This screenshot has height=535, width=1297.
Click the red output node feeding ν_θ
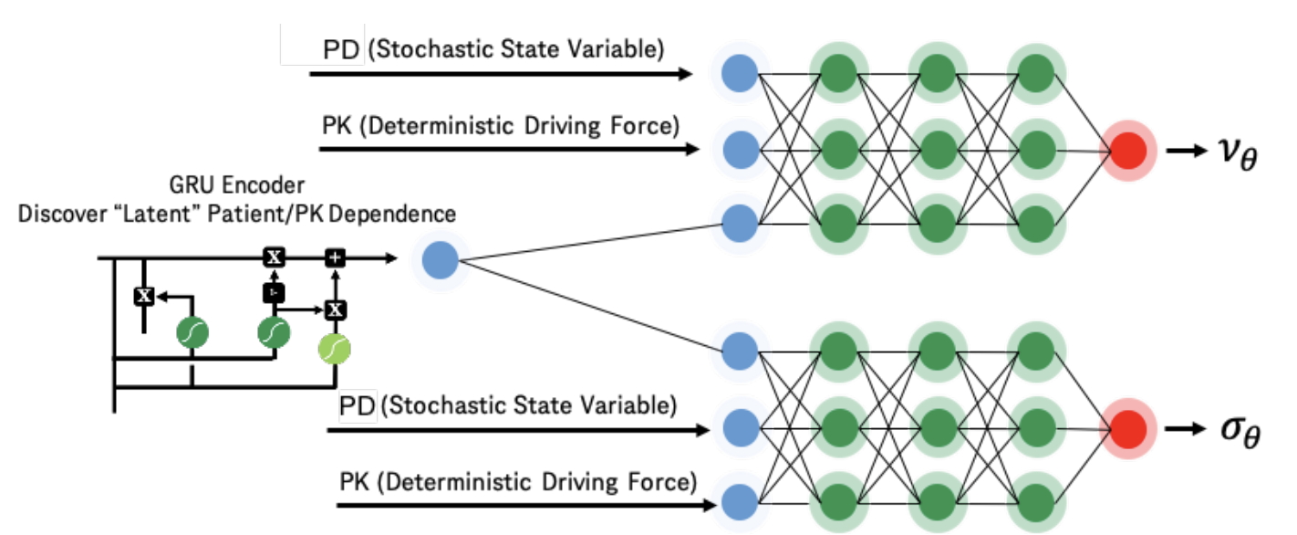tap(1128, 149)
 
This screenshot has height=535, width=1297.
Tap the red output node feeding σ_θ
tap(1128, 427)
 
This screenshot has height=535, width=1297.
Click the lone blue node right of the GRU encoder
tap(441, 260)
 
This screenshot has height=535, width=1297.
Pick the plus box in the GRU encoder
tap(336, 258)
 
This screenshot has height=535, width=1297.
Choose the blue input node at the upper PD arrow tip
tap(740, 74)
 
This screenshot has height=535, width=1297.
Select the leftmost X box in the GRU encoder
tap(143, 295)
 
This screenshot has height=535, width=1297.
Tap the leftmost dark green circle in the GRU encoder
tap(192, 334)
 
